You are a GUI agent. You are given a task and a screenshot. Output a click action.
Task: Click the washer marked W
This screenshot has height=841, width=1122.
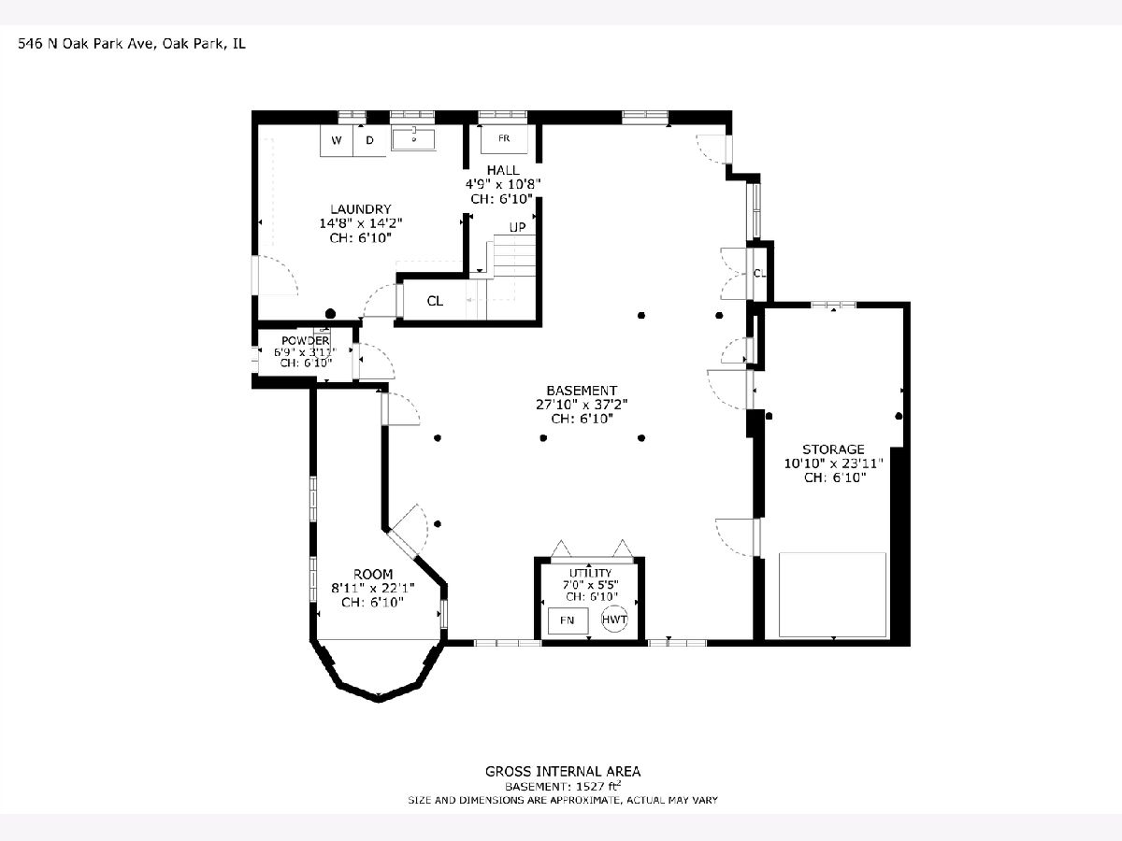337,140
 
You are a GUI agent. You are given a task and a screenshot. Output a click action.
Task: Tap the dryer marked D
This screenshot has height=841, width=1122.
369,140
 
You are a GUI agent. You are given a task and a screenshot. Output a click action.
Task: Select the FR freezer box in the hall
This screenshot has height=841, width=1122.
504,138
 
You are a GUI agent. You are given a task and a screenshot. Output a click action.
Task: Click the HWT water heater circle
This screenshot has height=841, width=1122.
614,620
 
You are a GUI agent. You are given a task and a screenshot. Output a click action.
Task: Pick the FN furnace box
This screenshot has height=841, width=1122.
568,620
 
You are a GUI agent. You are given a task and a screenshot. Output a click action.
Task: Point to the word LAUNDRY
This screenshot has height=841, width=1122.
361,208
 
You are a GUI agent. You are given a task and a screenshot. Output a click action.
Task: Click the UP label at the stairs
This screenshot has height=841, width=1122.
517,227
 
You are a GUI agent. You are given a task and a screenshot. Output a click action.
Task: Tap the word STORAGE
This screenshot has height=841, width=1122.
833,449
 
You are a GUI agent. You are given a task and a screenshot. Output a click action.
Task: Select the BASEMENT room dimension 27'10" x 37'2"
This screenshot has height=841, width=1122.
582,405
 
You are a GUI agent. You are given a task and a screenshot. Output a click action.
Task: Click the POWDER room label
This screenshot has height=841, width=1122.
305,340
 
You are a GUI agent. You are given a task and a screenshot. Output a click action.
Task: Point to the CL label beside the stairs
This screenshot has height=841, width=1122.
435,301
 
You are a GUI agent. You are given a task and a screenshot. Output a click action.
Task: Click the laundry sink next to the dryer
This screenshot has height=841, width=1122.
413,139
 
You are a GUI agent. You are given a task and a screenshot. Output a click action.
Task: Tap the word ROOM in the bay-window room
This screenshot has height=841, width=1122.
373,574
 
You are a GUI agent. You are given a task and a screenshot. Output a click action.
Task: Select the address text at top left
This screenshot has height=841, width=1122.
132,44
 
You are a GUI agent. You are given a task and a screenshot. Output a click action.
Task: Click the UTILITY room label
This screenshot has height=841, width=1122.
590,573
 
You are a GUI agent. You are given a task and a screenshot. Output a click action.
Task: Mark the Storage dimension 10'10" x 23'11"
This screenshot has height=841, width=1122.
834,463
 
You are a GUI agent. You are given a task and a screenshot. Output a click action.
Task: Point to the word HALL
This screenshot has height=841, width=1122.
503,170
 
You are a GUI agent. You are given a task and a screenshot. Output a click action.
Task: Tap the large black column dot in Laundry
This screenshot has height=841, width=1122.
331,314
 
